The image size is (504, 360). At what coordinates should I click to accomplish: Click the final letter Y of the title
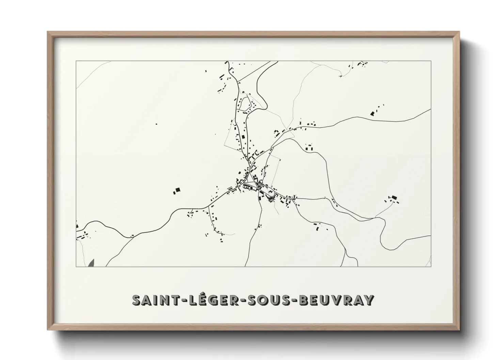click(x=369, y=300)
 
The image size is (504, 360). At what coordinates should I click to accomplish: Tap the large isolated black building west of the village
click(x=177, y=190)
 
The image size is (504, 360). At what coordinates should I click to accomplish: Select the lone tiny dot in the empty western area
click(x=156, y=124)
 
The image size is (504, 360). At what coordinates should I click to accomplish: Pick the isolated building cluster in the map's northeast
click(x=373, y=113)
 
